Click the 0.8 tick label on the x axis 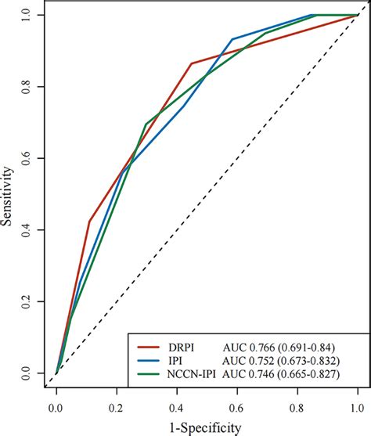pos(297,408)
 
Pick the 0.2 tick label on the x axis pos(117,408)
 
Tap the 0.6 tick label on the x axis pos(237,408)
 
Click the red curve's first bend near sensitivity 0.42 pos(89,222)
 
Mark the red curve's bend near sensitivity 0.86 pos(191,63)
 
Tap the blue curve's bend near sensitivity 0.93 pos(232,39)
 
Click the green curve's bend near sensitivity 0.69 pos(146,124)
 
